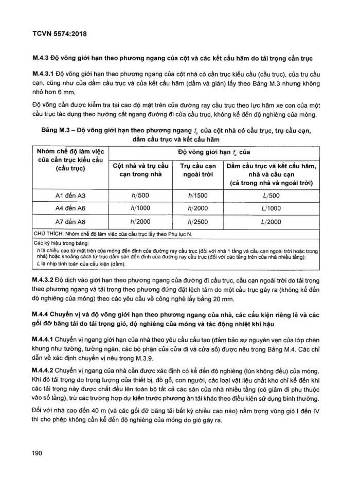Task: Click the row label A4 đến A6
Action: pos(71,208)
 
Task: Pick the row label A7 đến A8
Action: pos(71,221)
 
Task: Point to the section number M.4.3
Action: pos(43,55)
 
